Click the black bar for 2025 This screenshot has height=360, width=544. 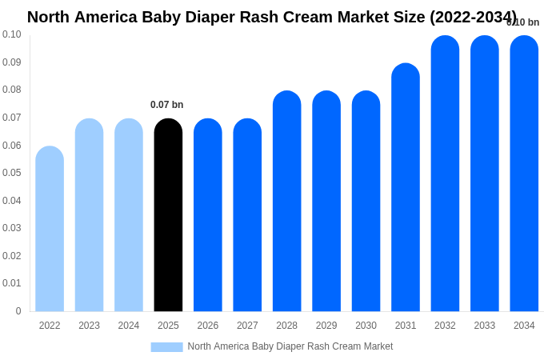(x=168, y=215)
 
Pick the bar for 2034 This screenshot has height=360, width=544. (x=524, y=174)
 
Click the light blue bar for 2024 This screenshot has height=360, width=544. (x=129, y=215)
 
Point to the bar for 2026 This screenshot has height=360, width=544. (x=208, y=215)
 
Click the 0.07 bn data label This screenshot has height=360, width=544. (x=166, y=105)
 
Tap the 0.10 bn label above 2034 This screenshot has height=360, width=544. (x=523, y=22)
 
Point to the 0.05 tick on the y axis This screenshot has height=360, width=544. (x=12, y=173)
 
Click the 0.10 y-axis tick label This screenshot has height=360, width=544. (x=12, y=34)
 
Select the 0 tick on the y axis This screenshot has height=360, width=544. (x=18, y=311)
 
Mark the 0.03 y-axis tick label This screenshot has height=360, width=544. (x=12, y=228)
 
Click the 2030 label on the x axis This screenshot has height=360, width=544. (x=366, y=326)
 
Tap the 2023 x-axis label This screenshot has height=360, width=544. (x=89, y=326)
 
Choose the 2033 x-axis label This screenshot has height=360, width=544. (x=485, y=326)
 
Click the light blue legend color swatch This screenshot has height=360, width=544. (x=166, y=346)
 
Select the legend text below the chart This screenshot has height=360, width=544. (x=290, y=346)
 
